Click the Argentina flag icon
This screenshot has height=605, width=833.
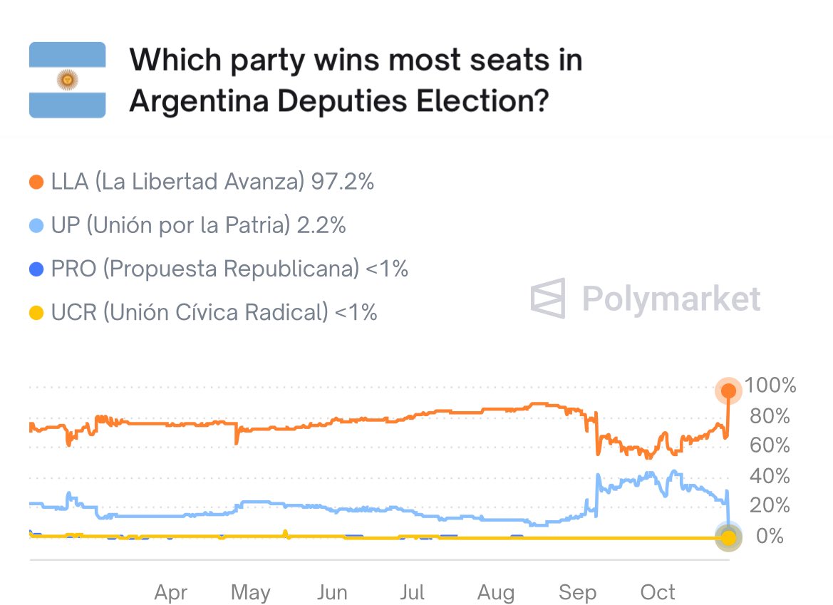point(67,80)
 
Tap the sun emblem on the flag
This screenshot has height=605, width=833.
point(67,81)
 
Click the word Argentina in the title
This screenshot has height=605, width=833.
point(197,101)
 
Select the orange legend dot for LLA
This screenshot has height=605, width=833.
point(36,182)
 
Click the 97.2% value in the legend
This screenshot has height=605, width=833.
point(342,182)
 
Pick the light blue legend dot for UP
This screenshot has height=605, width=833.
point(36,226)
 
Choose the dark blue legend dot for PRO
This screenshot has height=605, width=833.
point(36,269)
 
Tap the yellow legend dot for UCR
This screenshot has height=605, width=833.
point(36,313)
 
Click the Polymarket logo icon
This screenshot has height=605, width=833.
point(548,298)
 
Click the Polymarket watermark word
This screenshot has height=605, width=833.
point(671,298)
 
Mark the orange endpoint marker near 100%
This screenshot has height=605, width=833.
point(728,390)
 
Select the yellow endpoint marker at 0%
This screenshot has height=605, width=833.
point(728,537)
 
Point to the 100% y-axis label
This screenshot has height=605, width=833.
point(770,386)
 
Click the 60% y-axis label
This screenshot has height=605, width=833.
point(770,446)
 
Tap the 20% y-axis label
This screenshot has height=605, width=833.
point(770,506)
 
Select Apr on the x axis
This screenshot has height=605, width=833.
point(171,591)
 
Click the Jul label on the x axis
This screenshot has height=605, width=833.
point(413,591)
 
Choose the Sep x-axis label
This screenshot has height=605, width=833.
point(577,591)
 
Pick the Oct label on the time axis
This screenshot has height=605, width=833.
point(658,591)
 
